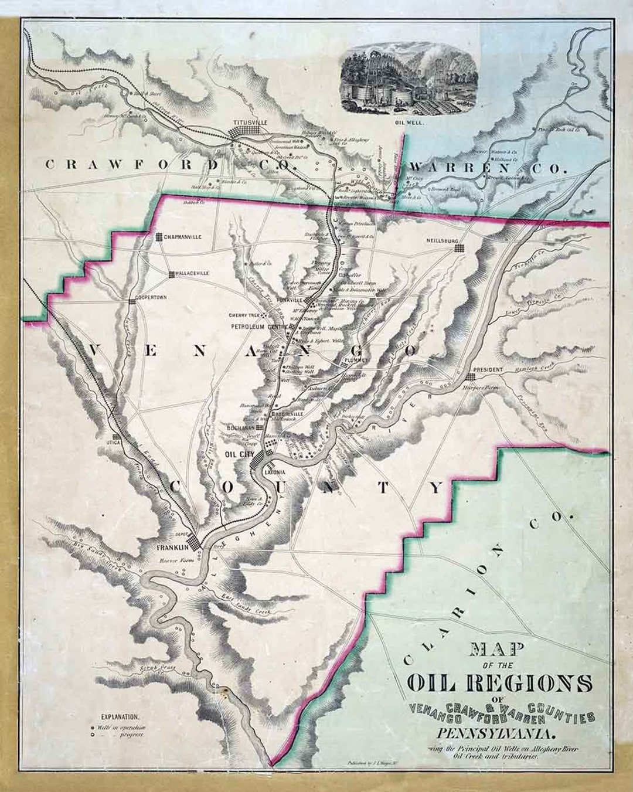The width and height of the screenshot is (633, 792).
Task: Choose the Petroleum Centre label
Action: point(257,326)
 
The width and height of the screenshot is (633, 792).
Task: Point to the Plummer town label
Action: point(356,359)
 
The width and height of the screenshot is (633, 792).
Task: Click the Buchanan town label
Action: point(239,428)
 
